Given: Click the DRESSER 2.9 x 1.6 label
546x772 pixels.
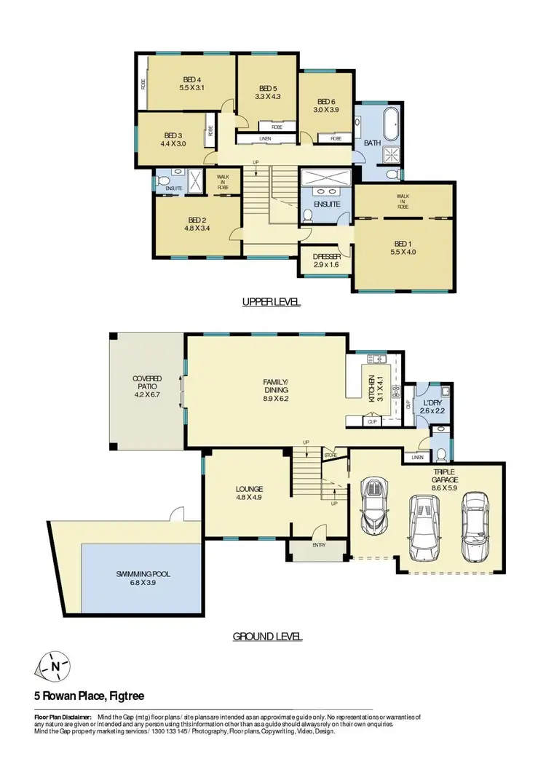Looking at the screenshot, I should click(325, 257).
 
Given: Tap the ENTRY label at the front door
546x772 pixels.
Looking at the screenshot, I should click(318, 545).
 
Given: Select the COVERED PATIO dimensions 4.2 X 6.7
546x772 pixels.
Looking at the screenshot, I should click(147, 394).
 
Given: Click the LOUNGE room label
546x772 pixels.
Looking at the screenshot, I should click(249, 489).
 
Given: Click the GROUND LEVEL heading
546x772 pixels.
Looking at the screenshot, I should click(267, 637).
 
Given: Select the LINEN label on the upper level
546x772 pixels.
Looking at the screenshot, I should click(265, 138).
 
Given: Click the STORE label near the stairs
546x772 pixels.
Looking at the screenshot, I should click(332, 455).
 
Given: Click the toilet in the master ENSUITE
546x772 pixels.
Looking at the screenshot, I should click(308, 215).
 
